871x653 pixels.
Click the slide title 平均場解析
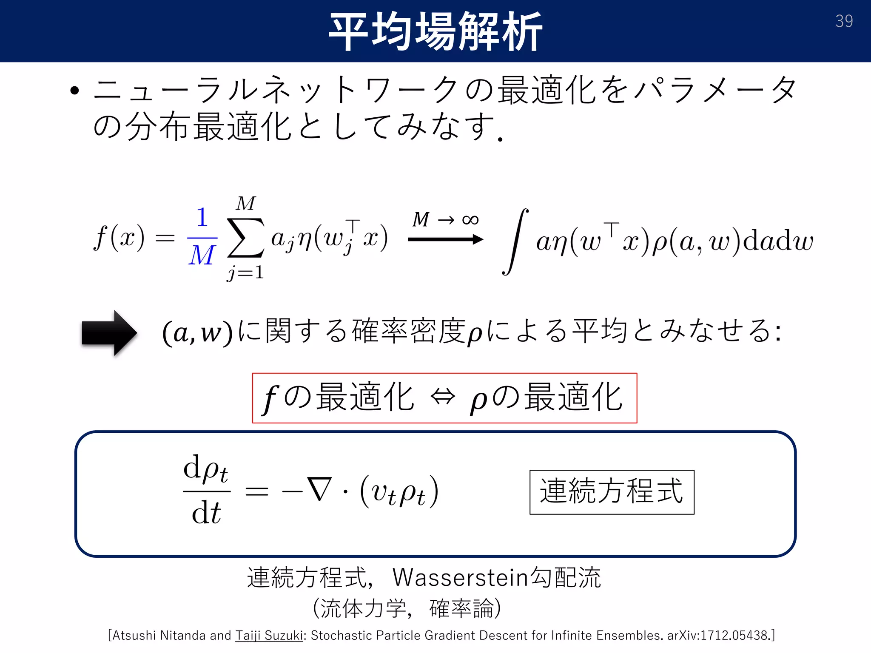[x=435, y=31]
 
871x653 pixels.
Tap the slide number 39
[x=844, y=21]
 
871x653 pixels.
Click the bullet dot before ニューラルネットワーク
[x=75, y=91]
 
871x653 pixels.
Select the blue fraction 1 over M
[x=202, y=237]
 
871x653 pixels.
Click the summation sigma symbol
[x=246, y=238]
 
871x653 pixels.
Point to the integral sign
[x=515, y=241]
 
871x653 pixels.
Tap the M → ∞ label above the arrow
[x=445, y=220]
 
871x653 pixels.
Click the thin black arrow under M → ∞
[x=445, y=240]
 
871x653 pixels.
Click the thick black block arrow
[x=109, y=333]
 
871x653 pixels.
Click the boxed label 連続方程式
[x=612, y=492]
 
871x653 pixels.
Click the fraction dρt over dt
[x=207, y=491]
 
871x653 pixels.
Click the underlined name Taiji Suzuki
[x=269, y=635]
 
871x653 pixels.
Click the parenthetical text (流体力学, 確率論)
[x=407, y=608]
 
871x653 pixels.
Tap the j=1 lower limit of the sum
[x=245, y=273]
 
